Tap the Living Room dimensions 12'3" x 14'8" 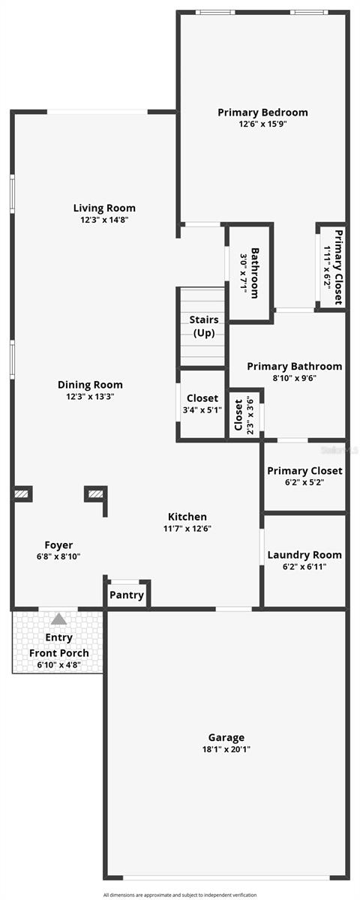point(104,220)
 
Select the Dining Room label point(90,385)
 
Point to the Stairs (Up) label point(204,326)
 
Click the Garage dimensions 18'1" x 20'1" point(226,748)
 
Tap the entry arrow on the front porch point(58,619)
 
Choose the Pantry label point(127,595)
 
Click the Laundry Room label point(304,555)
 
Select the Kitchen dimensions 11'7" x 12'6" point(187,528)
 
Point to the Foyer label point(58,545)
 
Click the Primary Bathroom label point(294,367)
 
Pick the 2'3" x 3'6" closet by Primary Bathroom point(244,415)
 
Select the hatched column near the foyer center point(95,493)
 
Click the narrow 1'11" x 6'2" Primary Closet point(333,266)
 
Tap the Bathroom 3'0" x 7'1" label point(250,273)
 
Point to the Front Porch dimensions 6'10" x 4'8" point(58,664)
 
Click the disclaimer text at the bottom point(180,895)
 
